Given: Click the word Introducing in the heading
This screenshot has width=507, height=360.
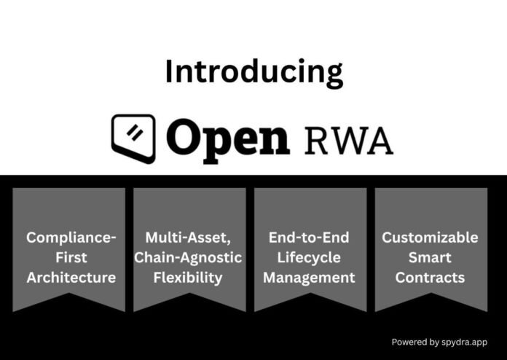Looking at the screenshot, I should click(x=253, y=74).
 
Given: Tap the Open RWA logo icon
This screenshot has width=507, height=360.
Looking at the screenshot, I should click(x=133, y=136).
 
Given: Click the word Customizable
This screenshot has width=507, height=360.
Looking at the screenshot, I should click(x=431, y=238).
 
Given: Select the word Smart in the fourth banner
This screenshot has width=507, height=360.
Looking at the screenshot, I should click(x=431, y=257).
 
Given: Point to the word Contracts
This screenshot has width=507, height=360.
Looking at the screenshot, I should click(x=431, y=278).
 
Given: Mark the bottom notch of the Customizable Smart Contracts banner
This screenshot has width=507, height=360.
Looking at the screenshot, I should click(x=431, y=296).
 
